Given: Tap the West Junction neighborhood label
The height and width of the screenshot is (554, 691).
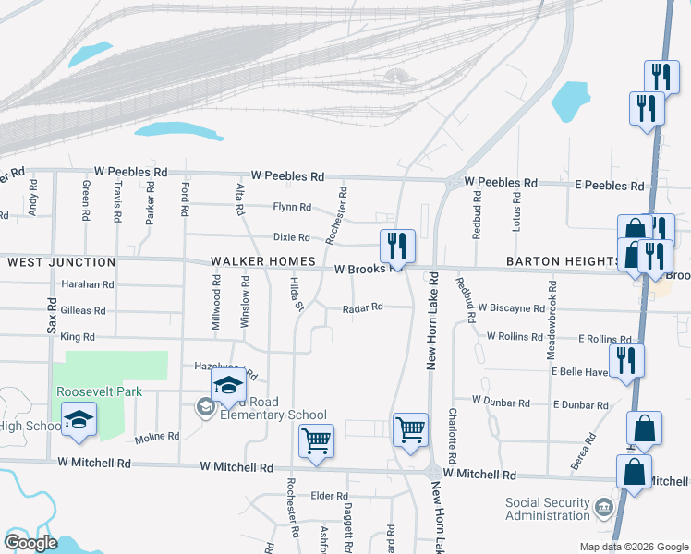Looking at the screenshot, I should tap(62, 263).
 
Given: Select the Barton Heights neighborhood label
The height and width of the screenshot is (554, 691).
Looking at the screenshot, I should tap(563, 262).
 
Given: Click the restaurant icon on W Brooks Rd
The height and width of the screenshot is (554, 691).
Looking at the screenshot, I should tap(397, 246).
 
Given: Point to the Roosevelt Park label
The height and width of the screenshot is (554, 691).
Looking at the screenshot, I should tap(100, 391).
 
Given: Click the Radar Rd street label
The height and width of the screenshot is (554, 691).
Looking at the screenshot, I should tap(362, 308).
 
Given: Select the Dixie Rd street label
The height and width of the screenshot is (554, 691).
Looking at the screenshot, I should tap(291, 237).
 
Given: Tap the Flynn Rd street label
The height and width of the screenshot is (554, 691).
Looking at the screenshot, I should tap(292, 207).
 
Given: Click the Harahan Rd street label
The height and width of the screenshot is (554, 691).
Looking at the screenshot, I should tap(88, 285).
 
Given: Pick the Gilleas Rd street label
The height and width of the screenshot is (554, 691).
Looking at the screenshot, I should tap(82, 311).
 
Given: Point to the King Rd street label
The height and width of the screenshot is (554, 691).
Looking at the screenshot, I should tap(78, 338).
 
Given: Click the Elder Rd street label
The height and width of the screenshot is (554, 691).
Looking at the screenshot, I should tap(329, 496).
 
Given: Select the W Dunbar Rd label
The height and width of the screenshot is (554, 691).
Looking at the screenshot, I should tap(501, 403).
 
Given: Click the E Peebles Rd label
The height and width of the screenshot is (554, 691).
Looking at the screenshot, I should tap(609, 186).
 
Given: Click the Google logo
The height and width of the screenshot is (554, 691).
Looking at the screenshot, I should tap(30, 543).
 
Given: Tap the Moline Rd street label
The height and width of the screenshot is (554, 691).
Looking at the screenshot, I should tap(156, 437).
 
